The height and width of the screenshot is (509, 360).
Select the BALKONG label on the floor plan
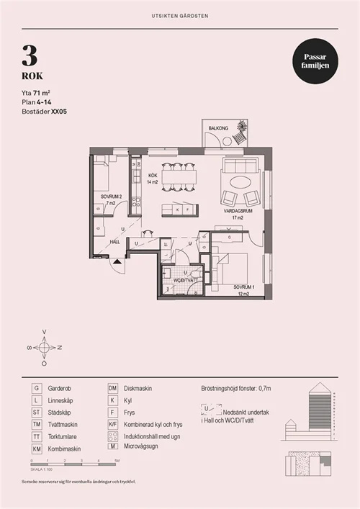click(x=218, y=128)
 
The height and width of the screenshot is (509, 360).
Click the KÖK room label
click(x=153, y=176)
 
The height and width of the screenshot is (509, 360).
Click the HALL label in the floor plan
click(x=114, y=243)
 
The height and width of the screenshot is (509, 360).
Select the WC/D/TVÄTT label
click(x=184, y=280)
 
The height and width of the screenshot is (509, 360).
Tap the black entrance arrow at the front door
click(x=116, y=263)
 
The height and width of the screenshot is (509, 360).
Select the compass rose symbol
click(x=44, y=348)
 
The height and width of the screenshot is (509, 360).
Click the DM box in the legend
click(x=113, y=388)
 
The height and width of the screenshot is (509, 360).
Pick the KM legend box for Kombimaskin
click(x=36, y=449)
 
